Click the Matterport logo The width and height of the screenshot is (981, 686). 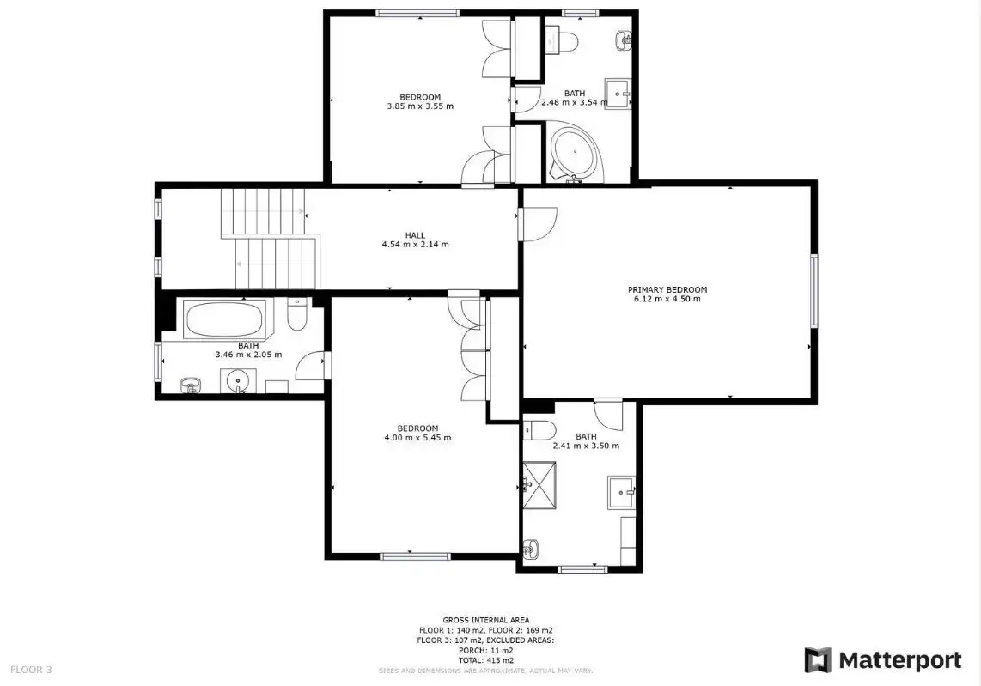coord(883,660)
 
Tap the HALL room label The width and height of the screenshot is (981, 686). coord(415,235)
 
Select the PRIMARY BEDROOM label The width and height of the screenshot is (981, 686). coord(667,289)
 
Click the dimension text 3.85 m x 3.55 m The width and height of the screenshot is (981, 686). coord(420,106)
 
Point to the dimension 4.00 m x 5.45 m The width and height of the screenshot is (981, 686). coord(417,438)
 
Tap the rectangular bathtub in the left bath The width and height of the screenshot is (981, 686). coord(224,319)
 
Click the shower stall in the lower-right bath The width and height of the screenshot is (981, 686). coord(539,485)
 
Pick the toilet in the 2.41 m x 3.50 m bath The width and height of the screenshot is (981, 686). coord(539,430)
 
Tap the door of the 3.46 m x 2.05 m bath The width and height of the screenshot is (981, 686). coord(311,366)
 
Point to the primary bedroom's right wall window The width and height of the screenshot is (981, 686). coord(814,290)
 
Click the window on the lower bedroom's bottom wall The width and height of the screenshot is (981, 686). coord(416,556)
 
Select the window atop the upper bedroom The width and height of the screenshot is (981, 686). coord(417,13)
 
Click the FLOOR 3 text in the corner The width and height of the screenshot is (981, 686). coord(31,670)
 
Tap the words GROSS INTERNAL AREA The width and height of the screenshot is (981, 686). coord(486,621)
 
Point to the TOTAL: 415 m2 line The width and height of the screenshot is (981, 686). coord(486,660)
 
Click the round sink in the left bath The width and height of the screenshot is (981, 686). coord(238,380)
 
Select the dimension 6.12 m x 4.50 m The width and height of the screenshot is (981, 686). coord(667,299)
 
